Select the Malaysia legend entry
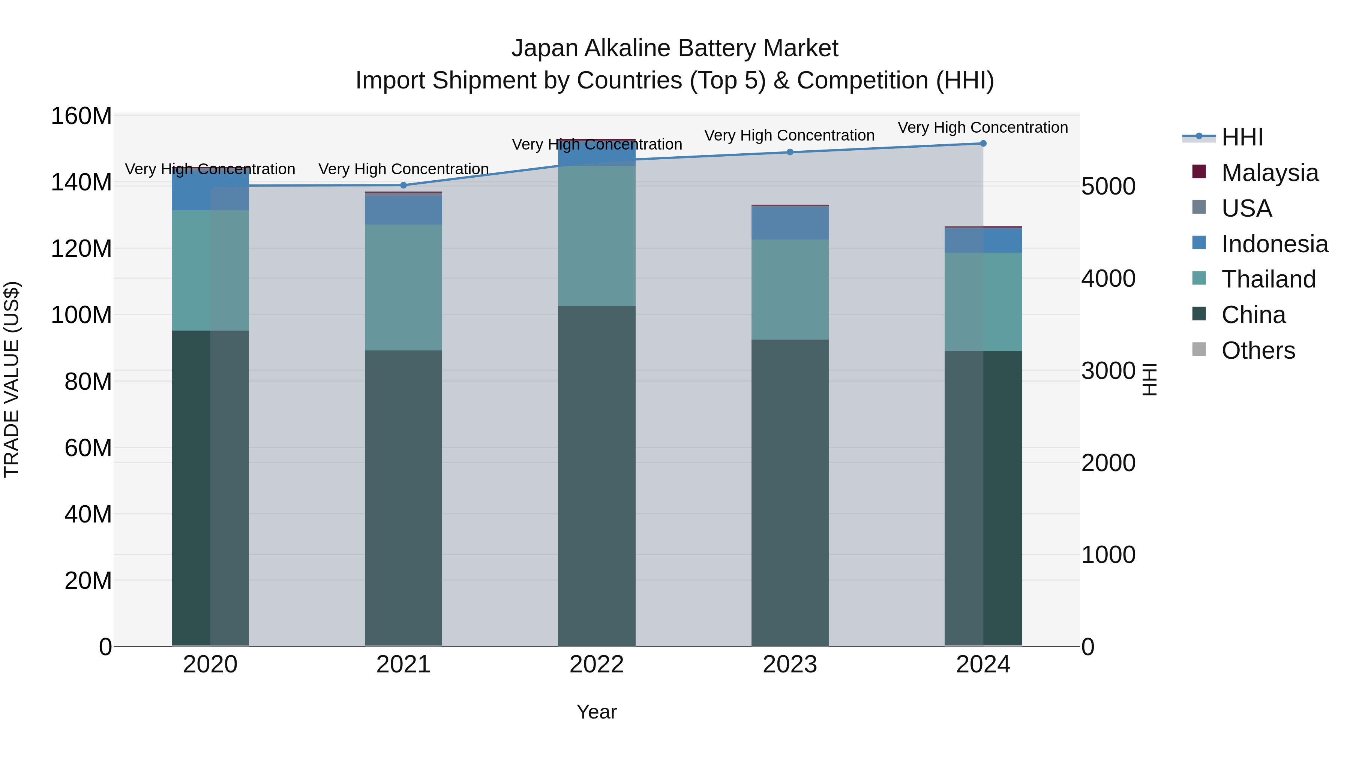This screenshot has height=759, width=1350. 1269,173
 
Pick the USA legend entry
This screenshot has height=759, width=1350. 1246,208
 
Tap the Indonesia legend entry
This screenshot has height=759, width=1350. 1274,244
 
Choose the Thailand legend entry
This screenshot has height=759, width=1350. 1268,279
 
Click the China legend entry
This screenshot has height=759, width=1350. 1253,315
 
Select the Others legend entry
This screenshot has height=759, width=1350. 1257,350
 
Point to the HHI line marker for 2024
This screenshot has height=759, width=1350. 983,144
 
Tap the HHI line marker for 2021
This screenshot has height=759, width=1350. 403,186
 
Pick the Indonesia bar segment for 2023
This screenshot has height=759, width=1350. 790,223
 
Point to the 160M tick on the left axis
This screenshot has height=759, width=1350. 81,116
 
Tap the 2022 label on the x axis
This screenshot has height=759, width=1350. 597,665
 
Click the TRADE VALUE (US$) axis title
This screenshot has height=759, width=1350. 12,379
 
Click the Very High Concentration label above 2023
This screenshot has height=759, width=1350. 789,136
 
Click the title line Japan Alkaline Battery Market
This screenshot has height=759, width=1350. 675,48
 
